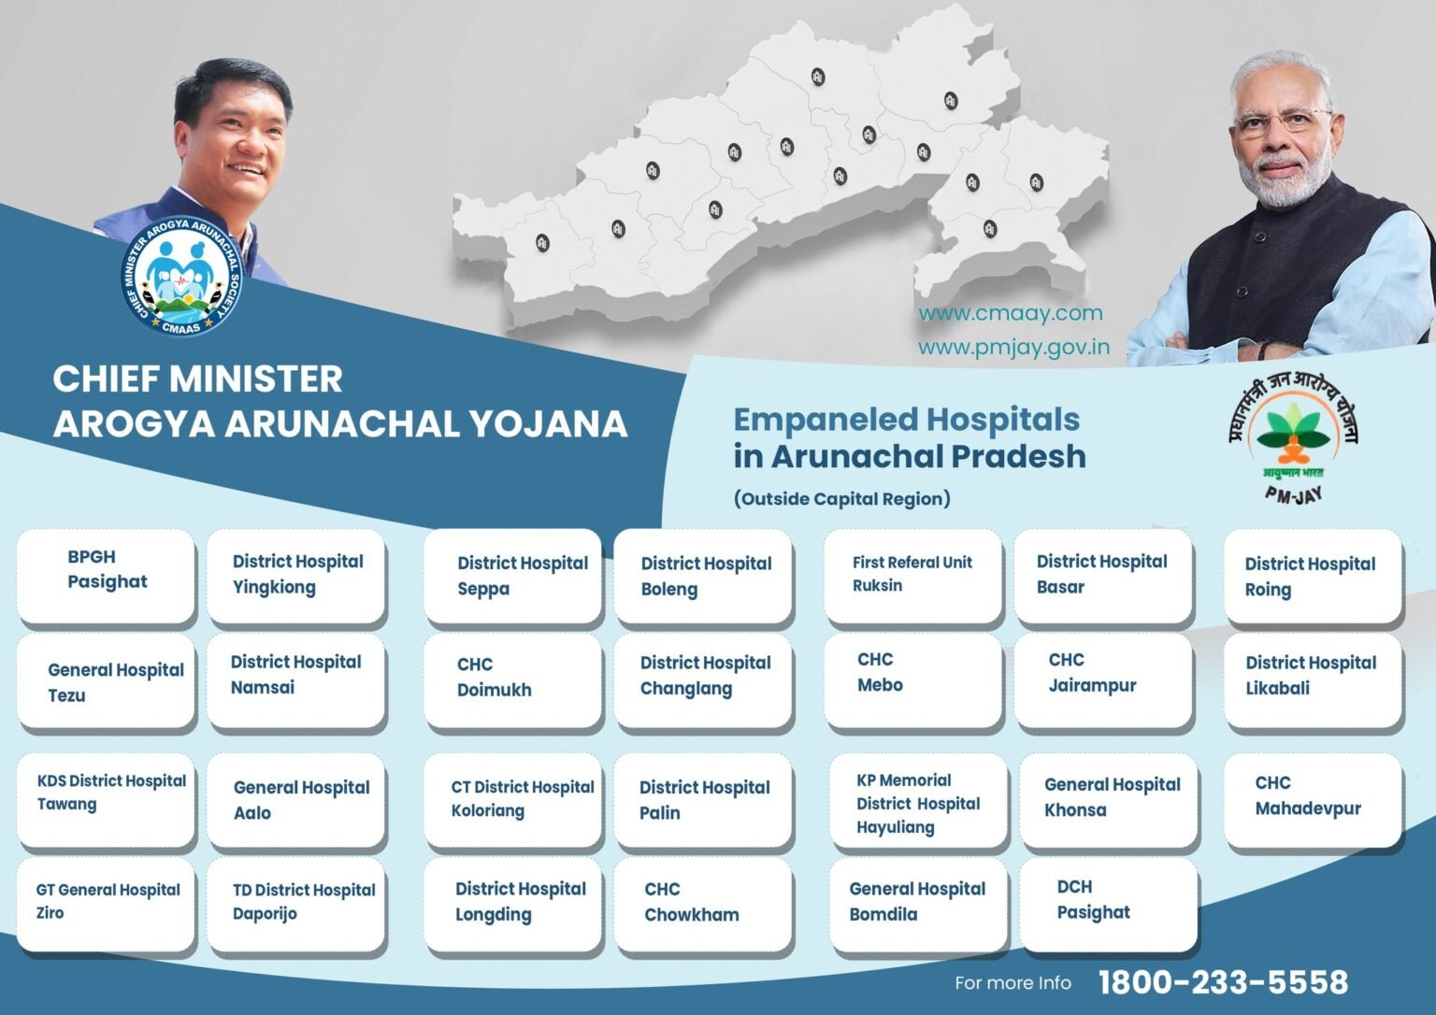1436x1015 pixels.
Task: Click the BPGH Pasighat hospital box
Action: click(x=106, y=575)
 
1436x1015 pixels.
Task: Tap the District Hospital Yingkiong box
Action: click(x=296, y=575)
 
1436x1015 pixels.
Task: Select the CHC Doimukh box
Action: click(x=512, y=678)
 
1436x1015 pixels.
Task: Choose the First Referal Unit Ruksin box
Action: click(x=912, y=574)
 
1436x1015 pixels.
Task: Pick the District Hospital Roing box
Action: click(x=1313, y=577)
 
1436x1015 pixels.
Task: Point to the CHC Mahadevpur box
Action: click(x=1313, y=799)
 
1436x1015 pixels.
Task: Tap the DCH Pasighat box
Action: click(x=1109, y=903)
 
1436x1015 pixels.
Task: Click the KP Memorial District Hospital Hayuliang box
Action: click(x=918, y=804)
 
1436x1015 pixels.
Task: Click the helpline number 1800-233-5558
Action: click(x=1223, y=982)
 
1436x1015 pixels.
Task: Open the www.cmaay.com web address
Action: click(x=1010, y=314)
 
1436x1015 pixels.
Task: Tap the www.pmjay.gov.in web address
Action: click(x=1013, y=348)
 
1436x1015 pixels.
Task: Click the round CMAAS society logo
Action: click(x=181, y=276)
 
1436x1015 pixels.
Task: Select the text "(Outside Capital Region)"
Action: click(x=841, y=498)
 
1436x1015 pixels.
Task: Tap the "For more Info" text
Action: click(x=1012, y=983)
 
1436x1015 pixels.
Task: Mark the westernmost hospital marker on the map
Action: click(x=541, y=243)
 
